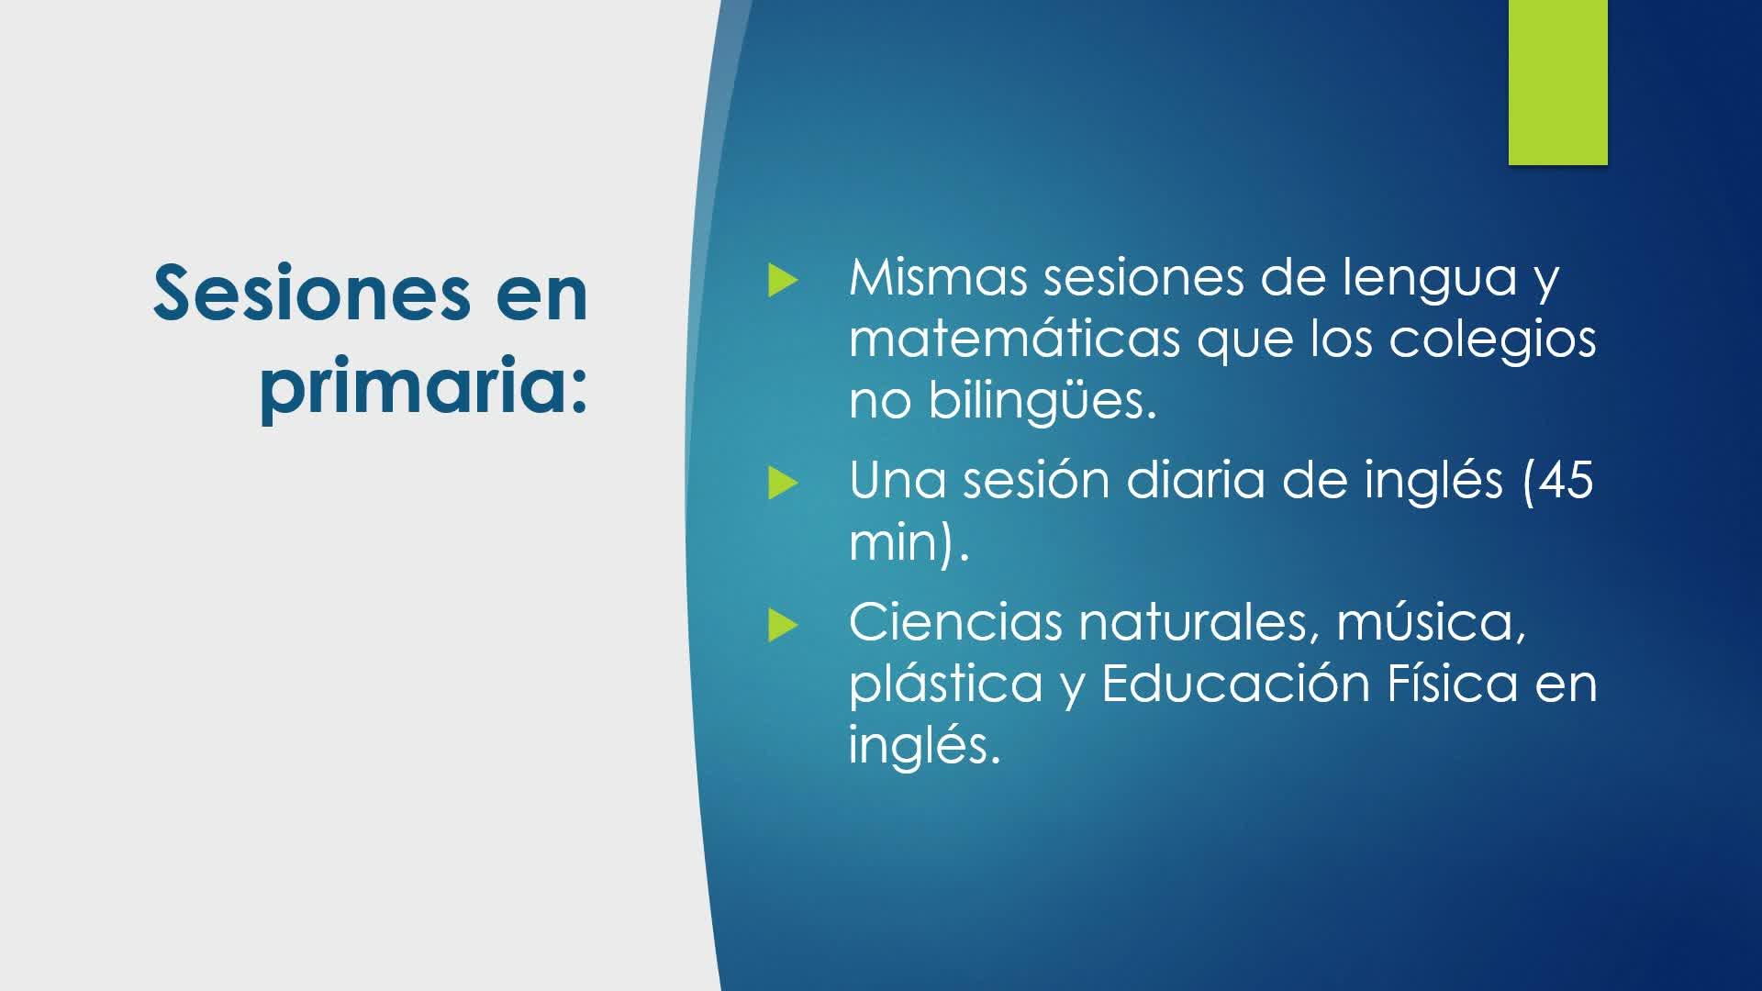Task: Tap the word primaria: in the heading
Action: click(x=423, y=388)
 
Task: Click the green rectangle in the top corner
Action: click(x=1557, y=83)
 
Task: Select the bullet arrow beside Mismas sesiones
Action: click(x=783, y=281)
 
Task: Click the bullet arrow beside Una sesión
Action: click(x=783, y=483)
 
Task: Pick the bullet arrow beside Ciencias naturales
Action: click(x=783, y=626)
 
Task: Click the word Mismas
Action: click(x=938, y=277)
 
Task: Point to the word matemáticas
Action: click(x=1015, y=339)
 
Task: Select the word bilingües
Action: click(x=1042, y=402)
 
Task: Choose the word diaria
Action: click(x=1197, y=480)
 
